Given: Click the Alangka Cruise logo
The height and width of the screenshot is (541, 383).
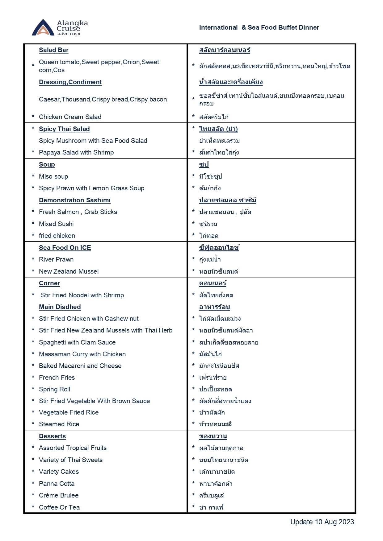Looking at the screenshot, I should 60,27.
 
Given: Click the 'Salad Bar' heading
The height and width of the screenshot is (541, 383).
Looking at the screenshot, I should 53,50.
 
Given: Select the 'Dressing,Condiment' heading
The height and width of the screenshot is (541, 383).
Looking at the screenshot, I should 70,82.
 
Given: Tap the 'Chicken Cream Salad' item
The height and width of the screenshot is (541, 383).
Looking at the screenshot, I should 70,117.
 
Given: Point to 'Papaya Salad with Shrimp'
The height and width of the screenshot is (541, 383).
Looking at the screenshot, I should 76,152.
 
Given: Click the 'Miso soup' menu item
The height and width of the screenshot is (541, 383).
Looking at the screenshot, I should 53,176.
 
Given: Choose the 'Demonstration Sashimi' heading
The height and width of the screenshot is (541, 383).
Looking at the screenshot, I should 74,200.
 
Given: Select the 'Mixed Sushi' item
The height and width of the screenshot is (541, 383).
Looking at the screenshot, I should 56,224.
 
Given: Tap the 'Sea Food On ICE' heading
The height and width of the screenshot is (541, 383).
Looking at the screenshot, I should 65,248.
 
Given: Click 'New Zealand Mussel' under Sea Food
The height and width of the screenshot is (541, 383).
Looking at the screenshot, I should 69,271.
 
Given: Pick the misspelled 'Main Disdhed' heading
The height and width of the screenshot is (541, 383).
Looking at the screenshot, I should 60,307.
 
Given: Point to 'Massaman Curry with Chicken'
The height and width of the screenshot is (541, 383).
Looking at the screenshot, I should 82,354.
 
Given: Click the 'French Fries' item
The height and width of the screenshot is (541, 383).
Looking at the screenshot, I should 57,378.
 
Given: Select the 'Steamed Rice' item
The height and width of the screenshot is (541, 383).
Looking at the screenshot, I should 59,424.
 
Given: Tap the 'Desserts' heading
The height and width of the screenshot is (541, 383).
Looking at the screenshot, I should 52,436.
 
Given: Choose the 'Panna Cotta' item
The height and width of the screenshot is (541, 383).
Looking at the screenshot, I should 57,484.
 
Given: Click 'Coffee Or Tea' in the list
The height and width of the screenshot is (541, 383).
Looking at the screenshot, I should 59,507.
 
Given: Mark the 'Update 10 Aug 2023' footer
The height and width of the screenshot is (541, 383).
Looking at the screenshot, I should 322,522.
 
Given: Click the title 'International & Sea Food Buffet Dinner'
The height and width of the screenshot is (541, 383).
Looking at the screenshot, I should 259,27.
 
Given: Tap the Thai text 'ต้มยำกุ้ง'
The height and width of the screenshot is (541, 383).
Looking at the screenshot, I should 210,188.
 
